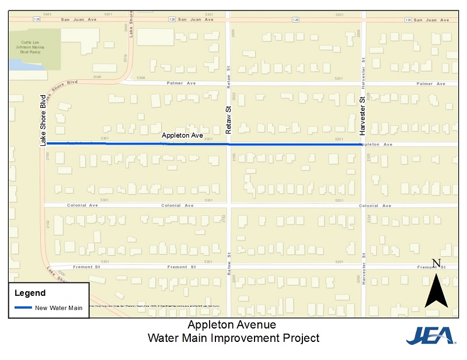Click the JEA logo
[x=431, y=335]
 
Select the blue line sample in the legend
[x=23, y=307]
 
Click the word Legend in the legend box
[x=30, y=293]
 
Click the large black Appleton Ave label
[x=182, y=135]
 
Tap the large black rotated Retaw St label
[x=229, y=120]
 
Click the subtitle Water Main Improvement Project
[x=233, y=338]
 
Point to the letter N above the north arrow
[x=435, y=263]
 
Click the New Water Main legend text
[x=59, y=307]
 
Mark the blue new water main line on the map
[x=263, y=144]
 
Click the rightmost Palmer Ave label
[x=430, y=83]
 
